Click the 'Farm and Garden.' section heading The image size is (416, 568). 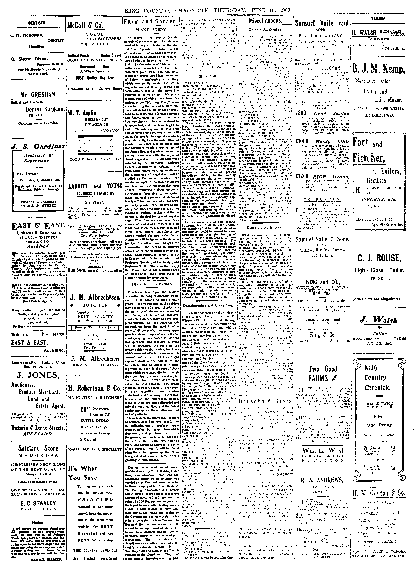point(150,22)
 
